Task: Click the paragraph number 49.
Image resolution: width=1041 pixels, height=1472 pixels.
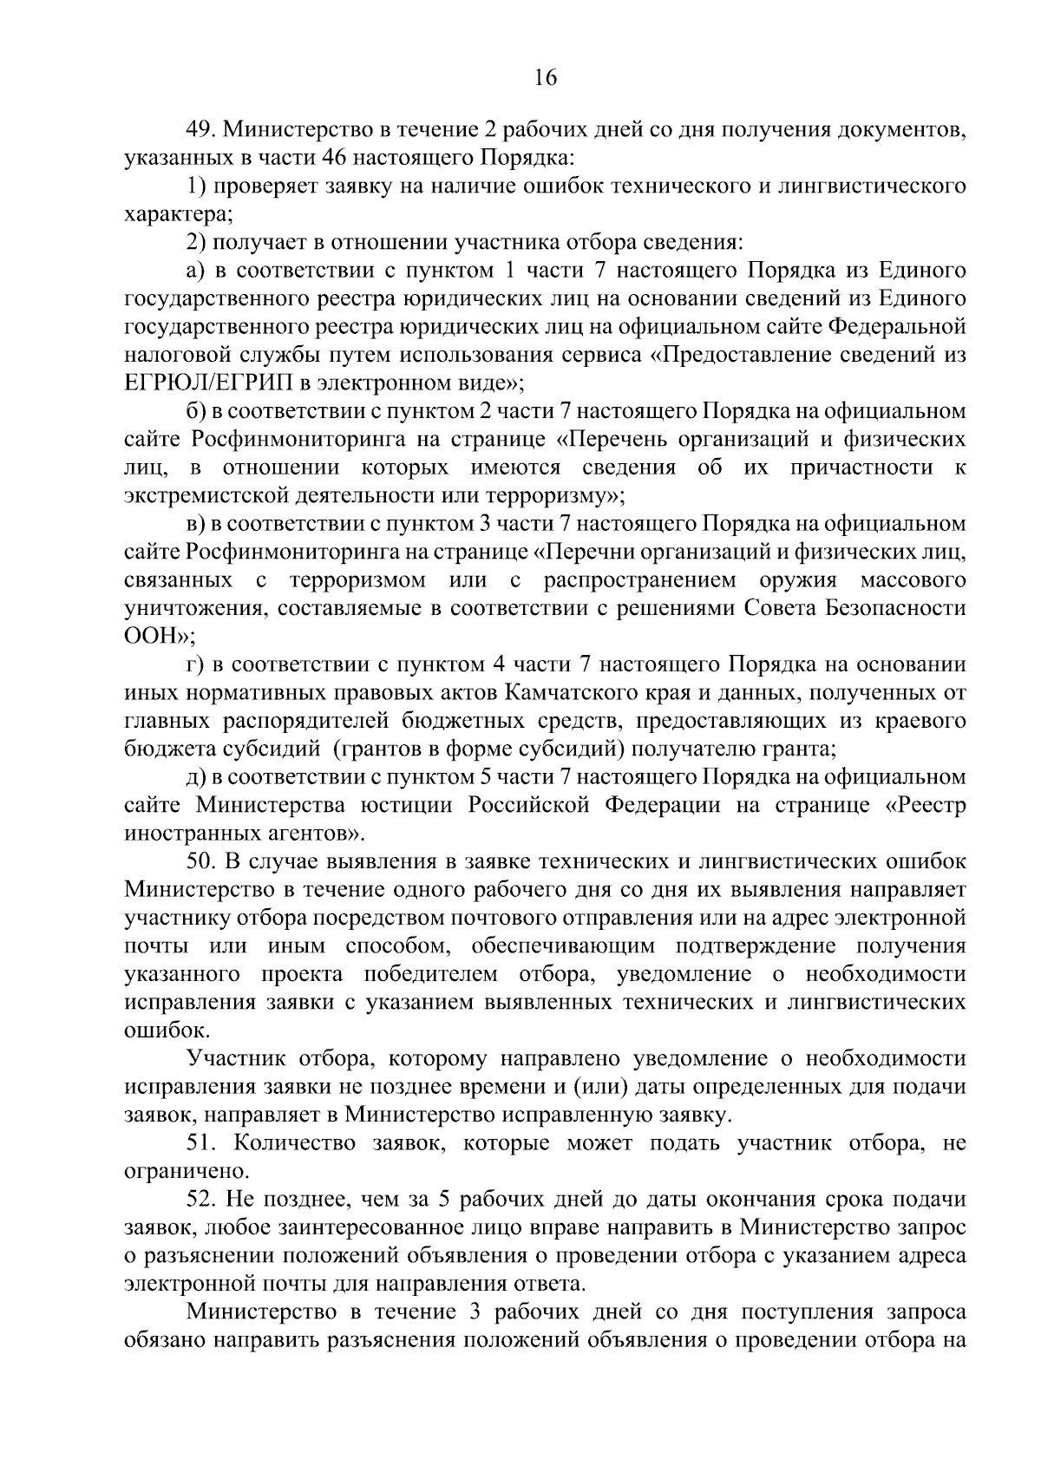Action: coord(203,130)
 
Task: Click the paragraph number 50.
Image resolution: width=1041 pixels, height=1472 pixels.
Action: coord(203,861)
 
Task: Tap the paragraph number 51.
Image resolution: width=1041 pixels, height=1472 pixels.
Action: coord(203,1142)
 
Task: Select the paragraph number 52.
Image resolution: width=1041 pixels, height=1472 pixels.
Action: coord(203,1199)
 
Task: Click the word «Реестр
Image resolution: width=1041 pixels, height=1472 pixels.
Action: coord(925,804)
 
